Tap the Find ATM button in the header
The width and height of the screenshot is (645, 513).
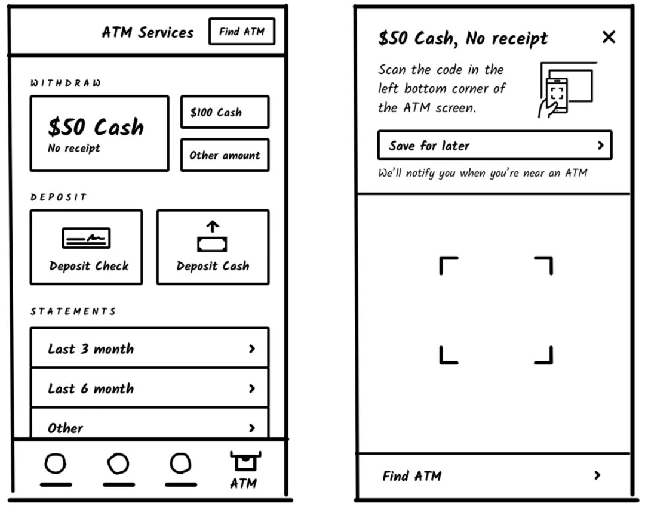point(241,32)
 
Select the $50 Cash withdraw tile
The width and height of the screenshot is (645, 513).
point(99,134)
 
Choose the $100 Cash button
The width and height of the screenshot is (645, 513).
point(225,112)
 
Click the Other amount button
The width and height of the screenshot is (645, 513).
point(225,155)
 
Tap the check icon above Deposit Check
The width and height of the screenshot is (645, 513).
point(87,239)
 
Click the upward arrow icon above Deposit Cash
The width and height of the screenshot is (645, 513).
point(213,227)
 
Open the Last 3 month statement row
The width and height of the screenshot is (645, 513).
point(149,348)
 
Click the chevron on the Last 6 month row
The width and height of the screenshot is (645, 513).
point(252,388)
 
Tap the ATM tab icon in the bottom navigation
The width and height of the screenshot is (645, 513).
point(244,462)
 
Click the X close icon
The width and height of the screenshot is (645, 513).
point(609,37)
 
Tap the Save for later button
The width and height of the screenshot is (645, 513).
point(494,146)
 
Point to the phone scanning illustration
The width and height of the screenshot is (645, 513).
point(566,89)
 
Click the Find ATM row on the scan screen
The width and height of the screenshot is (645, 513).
point(493,475)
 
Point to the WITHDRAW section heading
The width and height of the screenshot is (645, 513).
point(66,84)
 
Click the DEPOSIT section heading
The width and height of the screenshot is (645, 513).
point(59,197)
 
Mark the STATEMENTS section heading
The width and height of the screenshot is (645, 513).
point(73,311)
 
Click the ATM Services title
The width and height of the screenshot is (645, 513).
point(148,32)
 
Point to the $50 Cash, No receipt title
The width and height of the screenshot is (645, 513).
point(463,38)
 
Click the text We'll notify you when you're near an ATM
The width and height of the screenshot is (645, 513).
point(483,173)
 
